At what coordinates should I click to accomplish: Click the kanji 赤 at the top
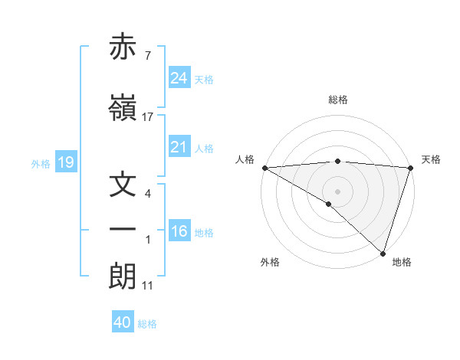(x=123, y=47)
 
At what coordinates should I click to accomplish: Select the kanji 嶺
(x=123, y=109)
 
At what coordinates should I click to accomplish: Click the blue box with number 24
(x=179, y=78)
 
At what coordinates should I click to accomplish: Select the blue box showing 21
(x=179, y=147)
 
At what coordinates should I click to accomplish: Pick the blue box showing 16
(x=179, y=231)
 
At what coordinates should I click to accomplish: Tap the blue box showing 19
(x=65, y=162)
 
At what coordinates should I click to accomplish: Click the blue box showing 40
(x=123, y=322)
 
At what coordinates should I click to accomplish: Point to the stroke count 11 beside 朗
(x=148, y=285)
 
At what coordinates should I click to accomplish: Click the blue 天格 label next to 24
(x=204, y=79)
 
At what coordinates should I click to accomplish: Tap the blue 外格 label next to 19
(x=40, y=163)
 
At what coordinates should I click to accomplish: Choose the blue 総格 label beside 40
(x=147, y=323)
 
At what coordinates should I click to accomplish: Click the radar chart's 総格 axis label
(x=337, y=100)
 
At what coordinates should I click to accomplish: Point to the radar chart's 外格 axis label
(x=270, y=262)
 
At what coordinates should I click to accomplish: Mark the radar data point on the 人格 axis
(x=264, y=168)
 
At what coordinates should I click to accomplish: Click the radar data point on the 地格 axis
(x=382, y=253)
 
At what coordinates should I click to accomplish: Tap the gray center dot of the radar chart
(x=337, y=191)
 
